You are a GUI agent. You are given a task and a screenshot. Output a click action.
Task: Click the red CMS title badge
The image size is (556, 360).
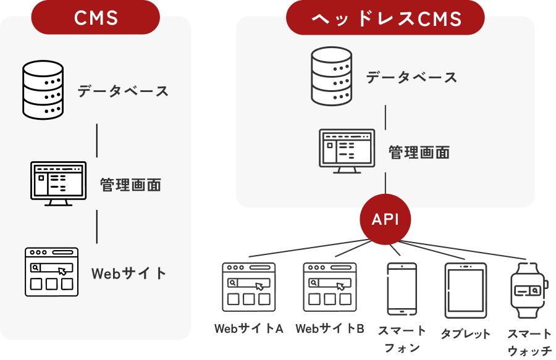96,17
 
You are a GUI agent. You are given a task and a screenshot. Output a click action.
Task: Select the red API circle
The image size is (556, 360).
385,220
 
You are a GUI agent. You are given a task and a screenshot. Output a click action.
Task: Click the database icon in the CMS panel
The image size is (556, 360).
43,90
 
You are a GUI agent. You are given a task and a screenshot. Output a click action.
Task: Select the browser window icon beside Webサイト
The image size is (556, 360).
52,272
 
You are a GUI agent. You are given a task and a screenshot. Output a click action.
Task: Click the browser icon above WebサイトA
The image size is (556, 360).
249,287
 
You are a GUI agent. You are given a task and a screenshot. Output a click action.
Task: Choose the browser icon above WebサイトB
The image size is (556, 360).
329,287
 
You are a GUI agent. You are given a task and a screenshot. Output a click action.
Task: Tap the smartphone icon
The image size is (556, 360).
402,289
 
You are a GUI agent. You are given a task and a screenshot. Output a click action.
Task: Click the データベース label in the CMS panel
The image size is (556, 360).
123,91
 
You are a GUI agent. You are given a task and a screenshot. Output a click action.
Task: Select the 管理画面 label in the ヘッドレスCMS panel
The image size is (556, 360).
419,152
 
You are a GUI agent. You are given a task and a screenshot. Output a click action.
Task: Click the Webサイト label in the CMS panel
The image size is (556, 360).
129,273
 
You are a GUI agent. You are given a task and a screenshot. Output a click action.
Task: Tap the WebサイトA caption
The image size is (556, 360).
249,329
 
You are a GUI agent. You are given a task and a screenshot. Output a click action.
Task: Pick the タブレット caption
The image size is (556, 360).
465,334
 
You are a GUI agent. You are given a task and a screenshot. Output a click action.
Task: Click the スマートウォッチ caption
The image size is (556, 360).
529,342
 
